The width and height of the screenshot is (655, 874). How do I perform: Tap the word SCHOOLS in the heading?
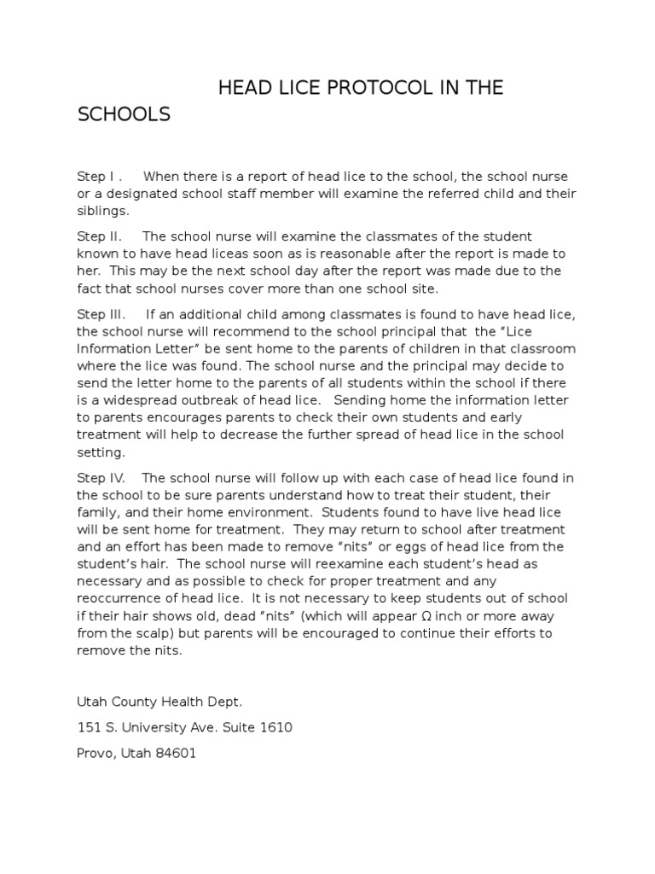coord(125,114)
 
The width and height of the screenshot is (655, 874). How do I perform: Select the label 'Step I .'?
coord(100,177)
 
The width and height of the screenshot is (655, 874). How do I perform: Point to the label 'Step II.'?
coord(101,236)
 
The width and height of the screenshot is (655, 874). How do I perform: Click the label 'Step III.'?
coord(101,314)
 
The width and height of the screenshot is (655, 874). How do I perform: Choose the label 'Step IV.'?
coord(101,477)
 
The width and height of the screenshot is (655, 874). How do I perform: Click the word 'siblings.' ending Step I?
coord(103,211)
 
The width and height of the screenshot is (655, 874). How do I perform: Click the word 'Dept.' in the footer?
coord(223,701)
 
